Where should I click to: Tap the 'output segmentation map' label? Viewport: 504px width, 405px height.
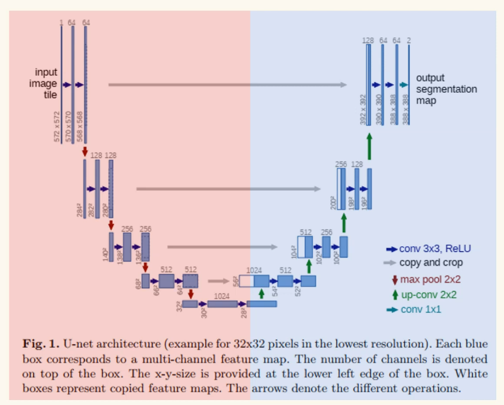click(446, 89)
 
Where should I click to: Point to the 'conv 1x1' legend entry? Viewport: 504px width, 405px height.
click(423, 309)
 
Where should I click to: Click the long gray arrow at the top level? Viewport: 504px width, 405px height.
click(227, 84)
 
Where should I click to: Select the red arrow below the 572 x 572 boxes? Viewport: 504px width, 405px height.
click(85, 151)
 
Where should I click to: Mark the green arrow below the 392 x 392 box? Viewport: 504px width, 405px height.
click(369, 144)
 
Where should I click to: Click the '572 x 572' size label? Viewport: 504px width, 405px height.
click(58, 127)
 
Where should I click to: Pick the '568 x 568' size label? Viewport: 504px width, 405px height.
click(81, 127)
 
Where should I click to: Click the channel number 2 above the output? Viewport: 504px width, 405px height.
click(409, 40)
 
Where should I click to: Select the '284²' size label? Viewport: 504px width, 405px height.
click(80, 210)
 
